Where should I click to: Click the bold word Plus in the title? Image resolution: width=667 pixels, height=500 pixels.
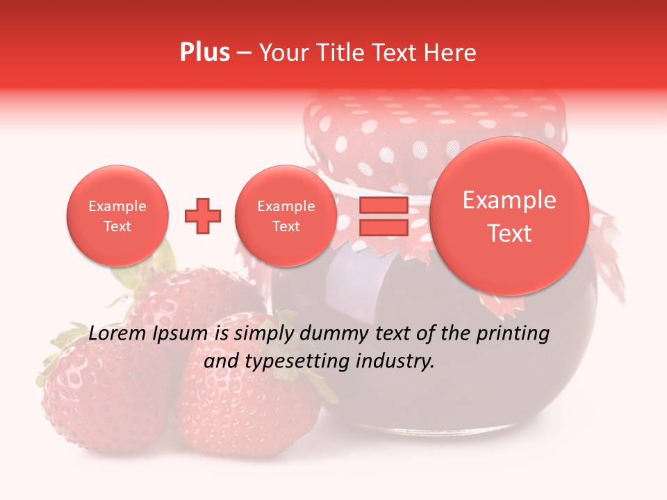click(204, 53)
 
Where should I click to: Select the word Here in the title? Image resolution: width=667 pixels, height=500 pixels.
click(452, 53)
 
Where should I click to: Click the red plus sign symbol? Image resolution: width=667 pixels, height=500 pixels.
click(203, 216)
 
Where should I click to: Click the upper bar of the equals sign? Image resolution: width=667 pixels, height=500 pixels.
click(384, 205)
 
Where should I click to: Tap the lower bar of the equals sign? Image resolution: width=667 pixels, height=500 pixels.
click(384, 228)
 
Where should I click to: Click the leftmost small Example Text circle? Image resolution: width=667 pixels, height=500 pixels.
click(117, 216)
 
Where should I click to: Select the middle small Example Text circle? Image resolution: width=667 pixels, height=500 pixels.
click(286, 216)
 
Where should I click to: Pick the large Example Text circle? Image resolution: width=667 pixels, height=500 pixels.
click(509, 216)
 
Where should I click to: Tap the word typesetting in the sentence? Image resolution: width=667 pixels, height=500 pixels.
click(295, 361)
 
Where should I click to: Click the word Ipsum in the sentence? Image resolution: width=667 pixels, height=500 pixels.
click(180, 334)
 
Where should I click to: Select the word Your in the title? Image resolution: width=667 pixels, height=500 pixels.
click(281, 53)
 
